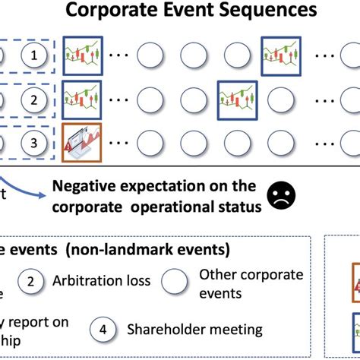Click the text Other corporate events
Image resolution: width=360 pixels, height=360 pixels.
tap(251, 283)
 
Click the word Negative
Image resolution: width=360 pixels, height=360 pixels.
tap(83, 185)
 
